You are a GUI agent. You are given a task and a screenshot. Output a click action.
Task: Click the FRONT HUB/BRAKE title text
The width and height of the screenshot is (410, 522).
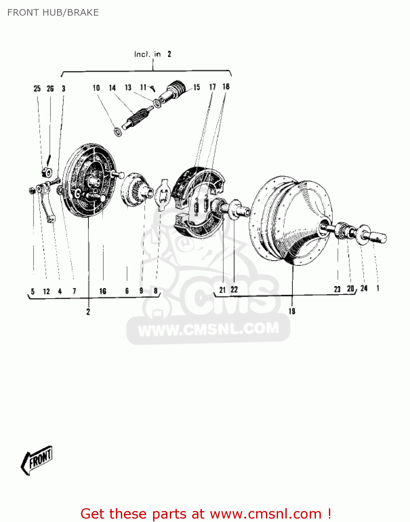tap(53, 13)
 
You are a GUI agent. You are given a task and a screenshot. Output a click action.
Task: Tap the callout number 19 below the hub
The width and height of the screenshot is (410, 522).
tap(292, 311)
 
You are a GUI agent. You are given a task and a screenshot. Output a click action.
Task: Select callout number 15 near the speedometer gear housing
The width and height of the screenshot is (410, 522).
tap(197, 87)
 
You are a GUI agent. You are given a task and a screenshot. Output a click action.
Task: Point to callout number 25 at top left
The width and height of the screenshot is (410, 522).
tap(37, 89)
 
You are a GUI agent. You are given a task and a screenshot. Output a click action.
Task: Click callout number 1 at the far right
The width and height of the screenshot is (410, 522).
tap(378, 288)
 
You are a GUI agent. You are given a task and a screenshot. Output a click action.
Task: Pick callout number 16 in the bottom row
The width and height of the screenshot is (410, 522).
tap(103, 291)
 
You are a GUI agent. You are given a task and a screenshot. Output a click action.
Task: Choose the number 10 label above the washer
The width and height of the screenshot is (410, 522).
tap(96, 88)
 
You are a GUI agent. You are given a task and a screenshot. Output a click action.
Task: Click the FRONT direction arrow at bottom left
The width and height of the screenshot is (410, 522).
tap(37, 460)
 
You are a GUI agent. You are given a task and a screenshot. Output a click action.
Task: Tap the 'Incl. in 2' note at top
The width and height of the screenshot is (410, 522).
tap(152, 54)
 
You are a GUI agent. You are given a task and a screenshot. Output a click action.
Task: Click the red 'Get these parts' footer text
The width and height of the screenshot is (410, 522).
tap(205, 514)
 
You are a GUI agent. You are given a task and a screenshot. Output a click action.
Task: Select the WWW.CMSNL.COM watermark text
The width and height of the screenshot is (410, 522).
tap(208, 329)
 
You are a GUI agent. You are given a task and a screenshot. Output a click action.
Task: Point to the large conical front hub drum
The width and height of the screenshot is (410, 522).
tap(291, 223)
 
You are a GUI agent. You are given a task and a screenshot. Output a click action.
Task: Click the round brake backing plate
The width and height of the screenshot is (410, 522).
tap(90, 180)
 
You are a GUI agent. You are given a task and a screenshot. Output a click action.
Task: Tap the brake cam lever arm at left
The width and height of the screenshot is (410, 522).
tap(47, 202)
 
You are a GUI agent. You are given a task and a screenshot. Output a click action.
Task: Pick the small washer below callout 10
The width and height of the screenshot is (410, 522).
tap(118, 132)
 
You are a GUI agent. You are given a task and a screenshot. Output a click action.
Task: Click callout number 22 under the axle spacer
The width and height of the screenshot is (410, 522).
tap(234, 290)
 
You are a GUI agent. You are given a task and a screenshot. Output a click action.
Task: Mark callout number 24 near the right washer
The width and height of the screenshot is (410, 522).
tap(364, 288)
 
